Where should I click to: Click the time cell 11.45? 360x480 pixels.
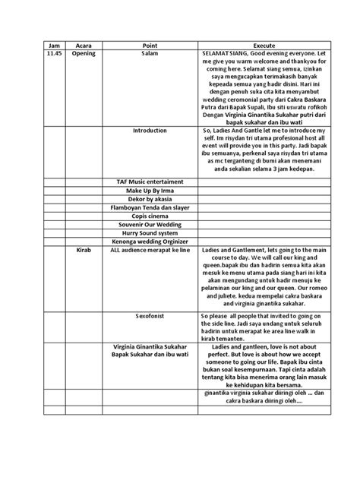pos(53,55)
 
